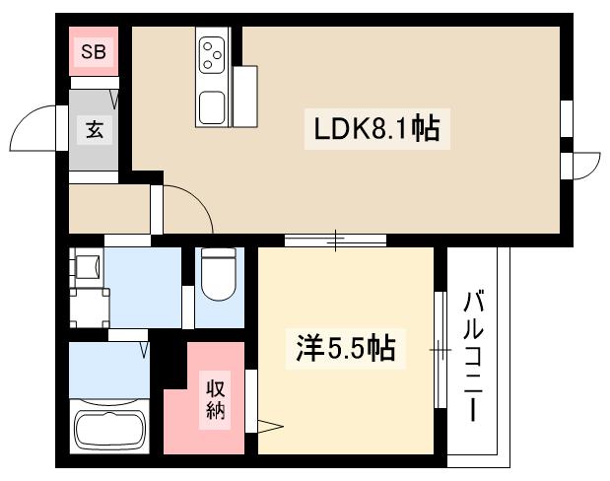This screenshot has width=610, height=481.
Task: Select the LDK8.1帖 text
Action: tap(375, 128)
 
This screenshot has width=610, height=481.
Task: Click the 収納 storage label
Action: tap(216, 397)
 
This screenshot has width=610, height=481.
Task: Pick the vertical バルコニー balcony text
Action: tap(474, 355)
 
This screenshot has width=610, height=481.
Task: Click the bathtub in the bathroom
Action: tap(108, 429)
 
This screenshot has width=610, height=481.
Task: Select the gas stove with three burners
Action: tap(214, 54)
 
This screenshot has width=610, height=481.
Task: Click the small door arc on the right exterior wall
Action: tap(583, 165)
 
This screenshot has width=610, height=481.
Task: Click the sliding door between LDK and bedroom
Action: tap(335, 240)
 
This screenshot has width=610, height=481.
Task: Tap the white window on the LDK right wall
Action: tap(567, 118)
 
